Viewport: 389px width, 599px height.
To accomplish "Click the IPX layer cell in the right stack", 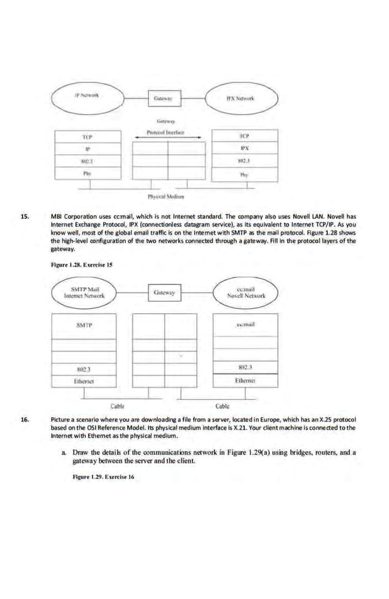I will pos(243,147).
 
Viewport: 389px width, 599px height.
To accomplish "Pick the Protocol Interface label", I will pos(166,133).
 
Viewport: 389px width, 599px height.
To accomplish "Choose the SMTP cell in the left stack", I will pos(85,325).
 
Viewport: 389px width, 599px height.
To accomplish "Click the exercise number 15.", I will pos(25,216).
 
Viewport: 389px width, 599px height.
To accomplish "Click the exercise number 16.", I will pos(25,420).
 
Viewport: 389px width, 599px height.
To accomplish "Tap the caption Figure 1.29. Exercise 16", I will pos(103,477).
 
